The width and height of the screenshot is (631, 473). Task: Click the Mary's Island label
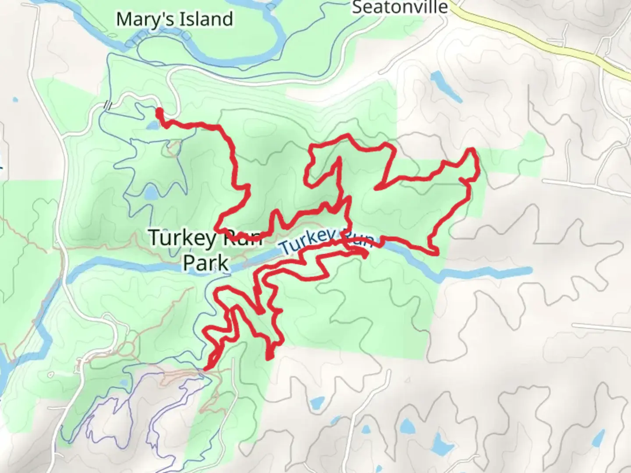(x=174, y=20)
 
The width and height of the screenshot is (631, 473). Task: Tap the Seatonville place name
(x=400, y=7)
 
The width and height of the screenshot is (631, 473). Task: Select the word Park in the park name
(x=206, y=263)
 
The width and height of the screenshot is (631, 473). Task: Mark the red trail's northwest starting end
(x=159, y=111)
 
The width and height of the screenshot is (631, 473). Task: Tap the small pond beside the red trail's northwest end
(x=152, y=126)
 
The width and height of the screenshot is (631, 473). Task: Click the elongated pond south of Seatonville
(x=444, y=86)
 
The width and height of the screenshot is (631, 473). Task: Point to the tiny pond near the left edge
(x=16, y=100)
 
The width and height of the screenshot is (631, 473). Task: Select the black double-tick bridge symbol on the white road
(x=108, y=105)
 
